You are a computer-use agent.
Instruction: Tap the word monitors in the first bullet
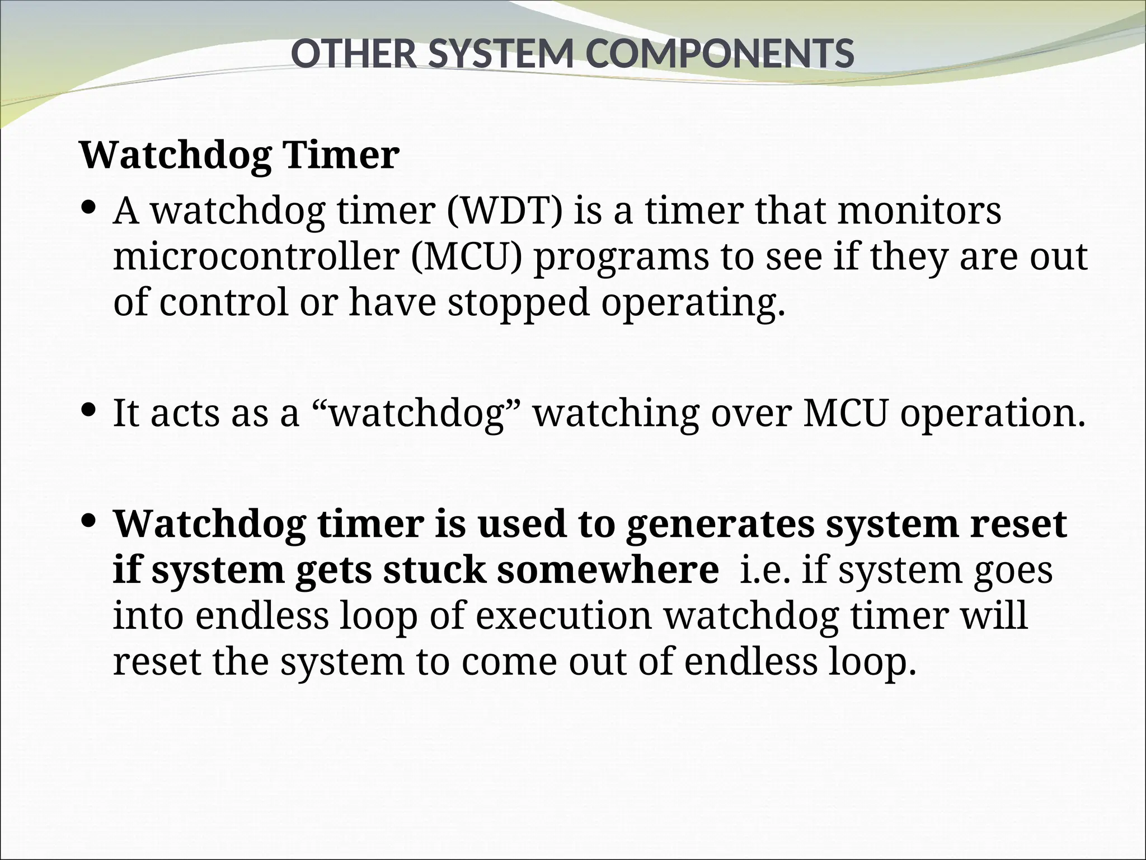[x=919, y=211]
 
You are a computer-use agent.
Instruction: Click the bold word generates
[x=720, y=525]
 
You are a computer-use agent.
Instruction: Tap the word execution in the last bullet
[x=564, y=616]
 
